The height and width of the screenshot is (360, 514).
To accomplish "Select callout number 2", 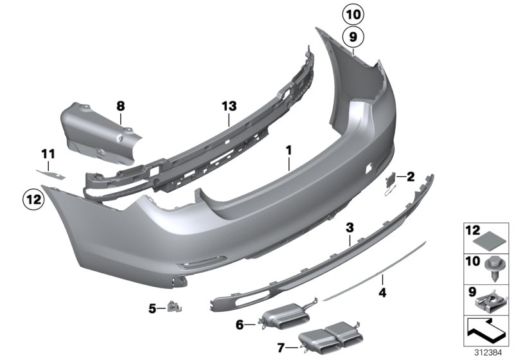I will click(x=411, y=175).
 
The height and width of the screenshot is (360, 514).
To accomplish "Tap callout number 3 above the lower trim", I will click(x=350, y=228).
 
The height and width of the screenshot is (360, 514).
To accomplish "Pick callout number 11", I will click(x=49, y=154).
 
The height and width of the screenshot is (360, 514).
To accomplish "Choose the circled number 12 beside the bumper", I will click(x=33, y=199).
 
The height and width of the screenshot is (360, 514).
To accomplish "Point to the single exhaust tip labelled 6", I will click(x=283, y=319).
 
